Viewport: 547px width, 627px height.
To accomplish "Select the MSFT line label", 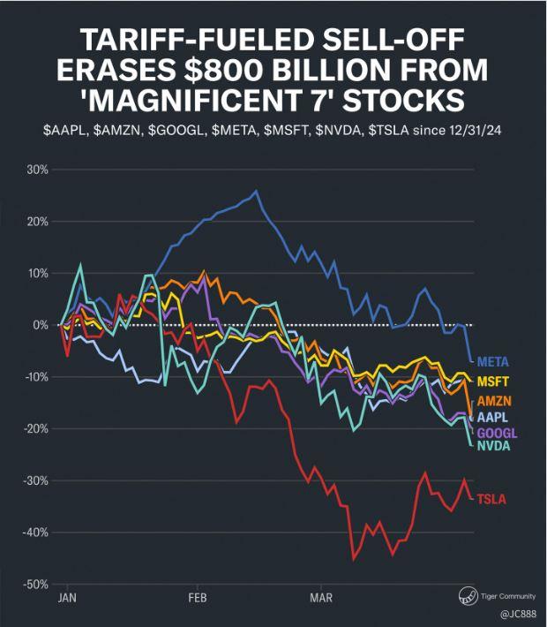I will pyautogui.click(x=492, y=381).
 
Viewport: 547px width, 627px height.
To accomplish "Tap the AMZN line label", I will pyautogui.click(x=493, y=401).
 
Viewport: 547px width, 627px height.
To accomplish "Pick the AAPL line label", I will pyautogui.click(x=492, y=417).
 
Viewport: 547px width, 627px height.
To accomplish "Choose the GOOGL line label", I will pyautogui.click(x=497, y=433).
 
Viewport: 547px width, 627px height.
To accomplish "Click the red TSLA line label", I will pyautogui.click(x=491, y=500).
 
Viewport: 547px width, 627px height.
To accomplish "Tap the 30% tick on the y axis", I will pyautogui.click(x=36, y=169).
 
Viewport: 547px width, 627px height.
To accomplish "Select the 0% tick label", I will pyautogui.click(x=40, y=325).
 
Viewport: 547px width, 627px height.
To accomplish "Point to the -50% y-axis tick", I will pyautogui.click(x=34, y=585).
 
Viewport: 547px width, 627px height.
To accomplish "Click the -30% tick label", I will pyautogui.click(x=34, y=480).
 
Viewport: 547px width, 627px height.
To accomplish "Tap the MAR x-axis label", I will pyautogui.click(x=322, y=598).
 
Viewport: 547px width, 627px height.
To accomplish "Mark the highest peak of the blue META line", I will pyautogui.click(x=256, y=190).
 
